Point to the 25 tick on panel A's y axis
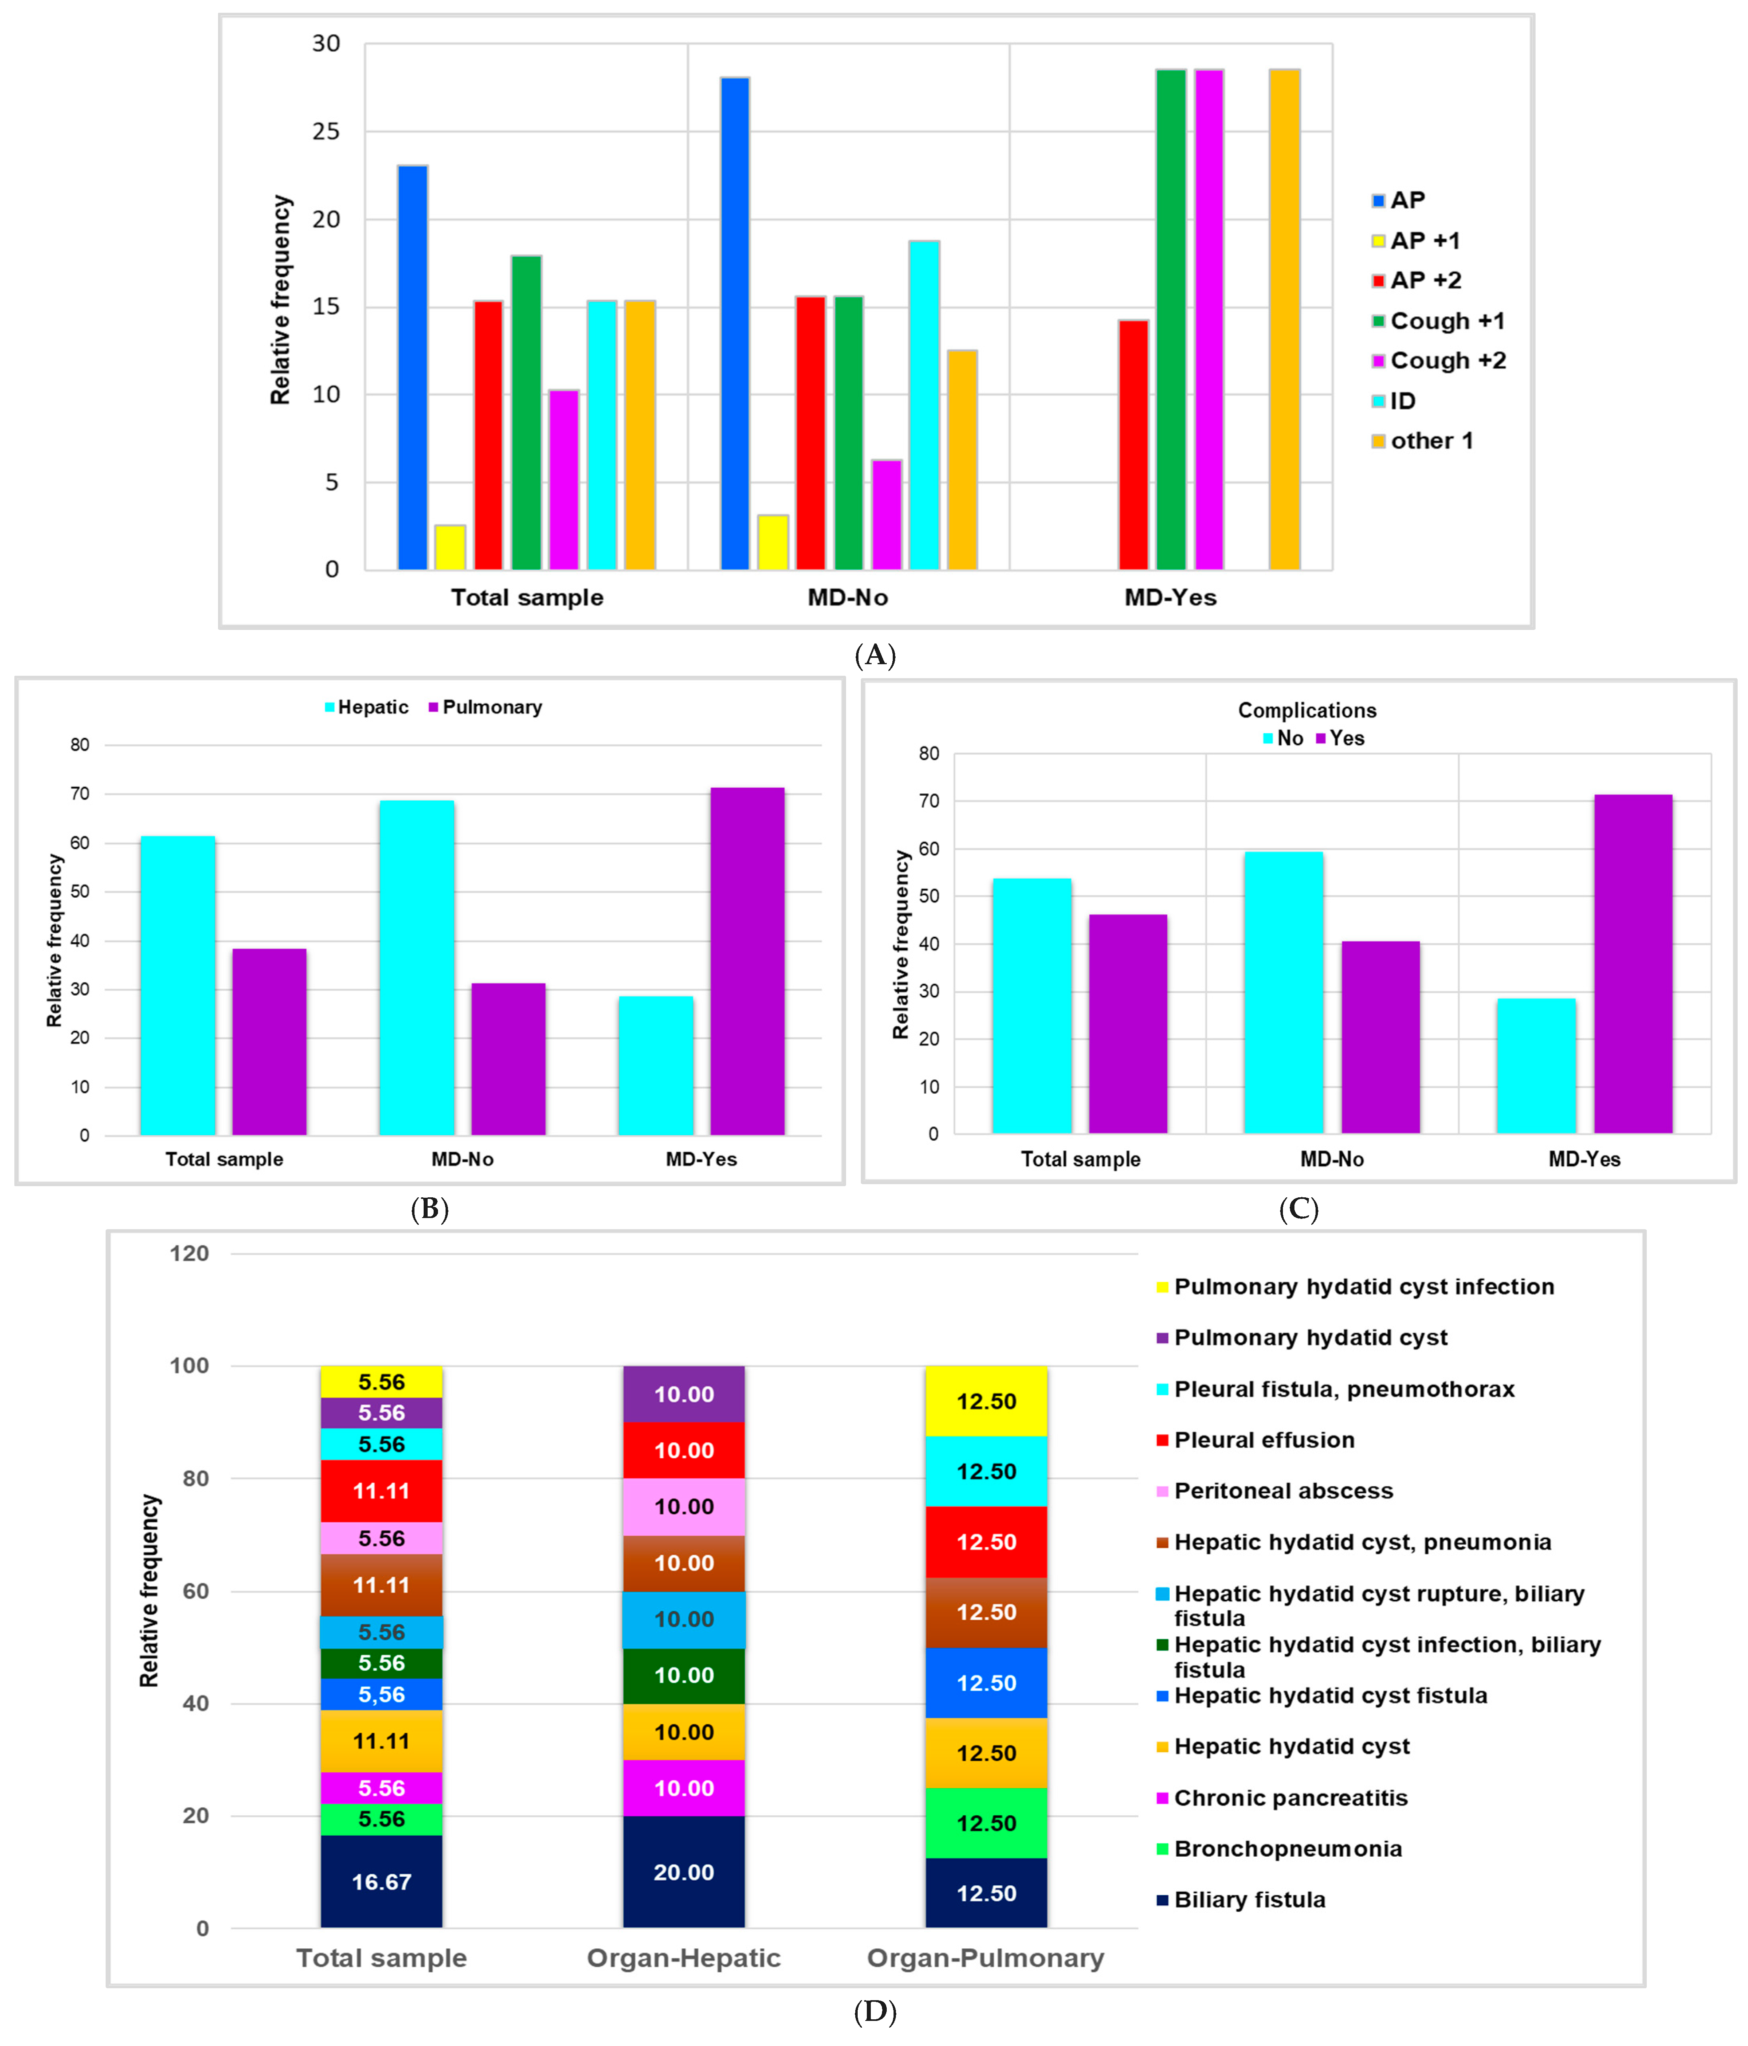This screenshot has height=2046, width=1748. [326, 131]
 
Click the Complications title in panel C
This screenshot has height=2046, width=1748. [1306, 710]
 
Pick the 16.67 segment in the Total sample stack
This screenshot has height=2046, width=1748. [381, 1881]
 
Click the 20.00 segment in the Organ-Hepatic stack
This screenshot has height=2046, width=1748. [683, 1871]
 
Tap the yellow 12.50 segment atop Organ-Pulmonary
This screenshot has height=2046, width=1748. [986, 1401]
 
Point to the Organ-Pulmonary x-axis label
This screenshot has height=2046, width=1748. [986, 1958]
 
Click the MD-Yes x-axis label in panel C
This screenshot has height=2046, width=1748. [1584, 1159]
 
